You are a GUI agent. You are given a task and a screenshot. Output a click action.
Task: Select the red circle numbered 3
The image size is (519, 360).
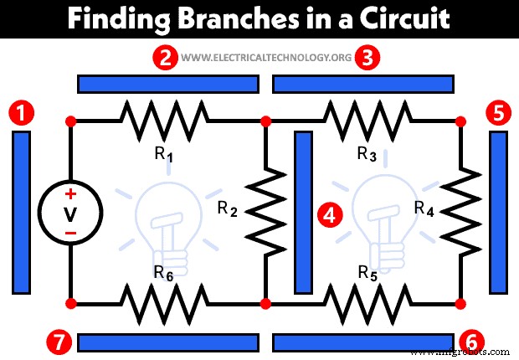click(367, 58)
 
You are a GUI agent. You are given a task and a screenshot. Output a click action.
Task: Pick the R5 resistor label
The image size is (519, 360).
click(367, 272)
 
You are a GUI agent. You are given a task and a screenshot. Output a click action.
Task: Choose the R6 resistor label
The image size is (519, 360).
click(164, 272)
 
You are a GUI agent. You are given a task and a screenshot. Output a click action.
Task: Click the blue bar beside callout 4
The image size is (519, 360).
click(304, 212)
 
